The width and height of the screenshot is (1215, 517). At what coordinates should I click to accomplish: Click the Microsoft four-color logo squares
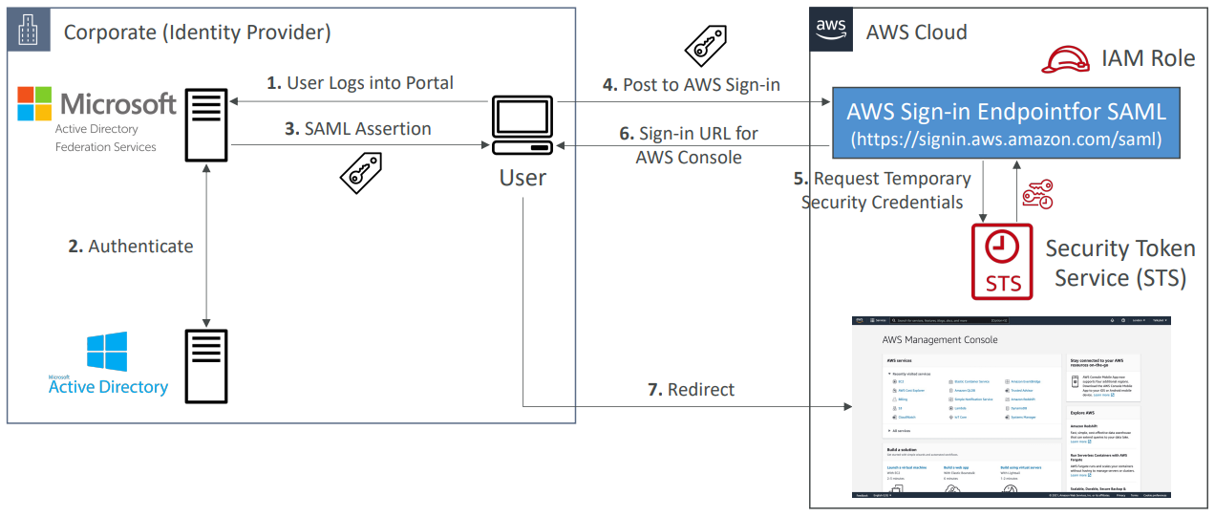tap(36, 103)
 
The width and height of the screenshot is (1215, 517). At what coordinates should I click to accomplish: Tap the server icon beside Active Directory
tap(205, 366)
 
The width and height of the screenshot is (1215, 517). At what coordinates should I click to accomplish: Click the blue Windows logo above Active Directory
tap(106, 352)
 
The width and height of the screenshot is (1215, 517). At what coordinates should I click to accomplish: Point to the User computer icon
tap(522, 125)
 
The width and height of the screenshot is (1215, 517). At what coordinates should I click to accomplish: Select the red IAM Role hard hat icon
tap(1066, 59)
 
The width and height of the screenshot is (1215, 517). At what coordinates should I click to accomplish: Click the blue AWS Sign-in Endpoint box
tap(1005, 123)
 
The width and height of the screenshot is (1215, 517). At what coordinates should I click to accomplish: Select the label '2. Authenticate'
tap(131, 247)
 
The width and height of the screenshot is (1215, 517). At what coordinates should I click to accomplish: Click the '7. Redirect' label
tap(692, 389)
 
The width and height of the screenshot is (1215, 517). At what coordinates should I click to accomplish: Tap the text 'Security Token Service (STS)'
tap(1119, 264)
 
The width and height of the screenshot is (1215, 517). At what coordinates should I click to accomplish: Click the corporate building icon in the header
tap(28, 31)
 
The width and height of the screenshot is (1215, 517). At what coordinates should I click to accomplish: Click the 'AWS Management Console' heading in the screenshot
tap(940, 339)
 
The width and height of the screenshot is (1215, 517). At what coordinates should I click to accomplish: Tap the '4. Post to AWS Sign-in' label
tap(692, 85)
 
